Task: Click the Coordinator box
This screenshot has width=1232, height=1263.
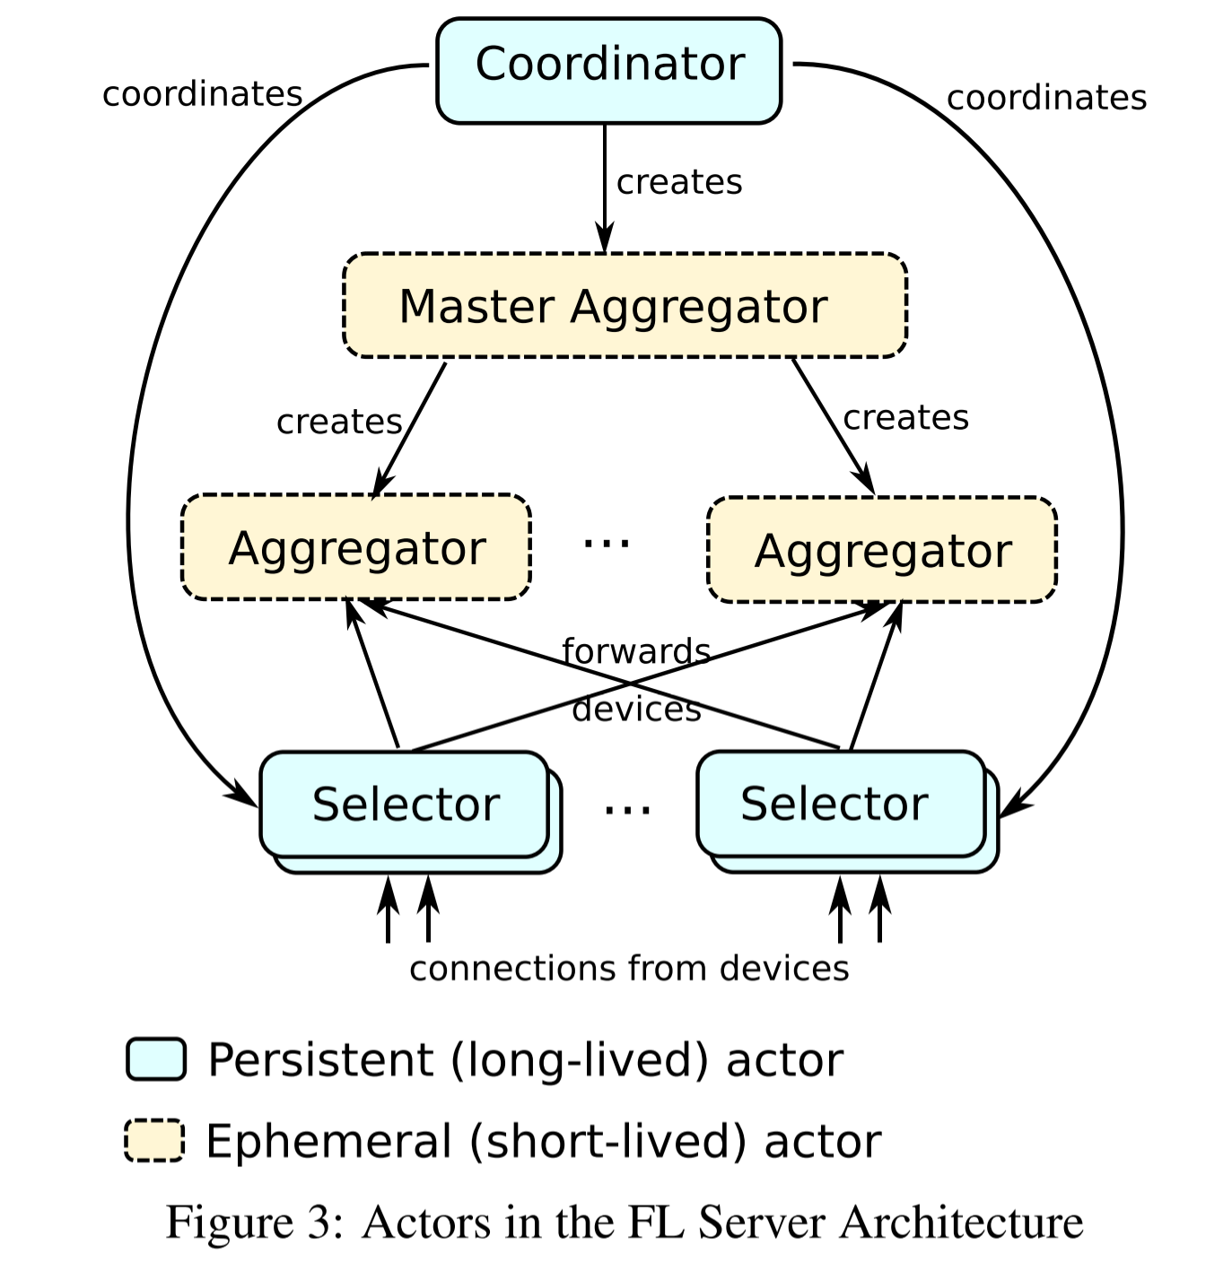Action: (x=608, y=70)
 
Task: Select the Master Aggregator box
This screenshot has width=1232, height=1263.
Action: (x=625, y=306)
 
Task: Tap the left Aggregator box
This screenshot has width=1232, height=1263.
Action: (x=356, y=547)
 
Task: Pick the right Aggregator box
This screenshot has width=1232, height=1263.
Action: (x=882, y=550)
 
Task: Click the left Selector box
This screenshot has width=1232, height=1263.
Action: (x=405, y=804)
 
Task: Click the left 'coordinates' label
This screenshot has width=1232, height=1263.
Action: (x=202, y=94)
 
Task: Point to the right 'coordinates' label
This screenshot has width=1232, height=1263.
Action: (x=1046, y=98)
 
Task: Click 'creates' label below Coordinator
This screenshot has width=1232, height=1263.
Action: (x=679, y=182)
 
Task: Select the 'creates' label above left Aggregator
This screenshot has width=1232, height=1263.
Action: (x=338, y=422)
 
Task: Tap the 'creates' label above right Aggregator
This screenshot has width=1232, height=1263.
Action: (x=905, y=418)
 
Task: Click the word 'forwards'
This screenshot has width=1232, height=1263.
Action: (x=636, y=651)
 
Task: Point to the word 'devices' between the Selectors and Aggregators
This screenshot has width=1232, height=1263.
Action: (x=636, y=710)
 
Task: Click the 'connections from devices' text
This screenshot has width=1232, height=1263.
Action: (x=628, y=969)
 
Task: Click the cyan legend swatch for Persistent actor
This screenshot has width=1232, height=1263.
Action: (x=156, y=1059)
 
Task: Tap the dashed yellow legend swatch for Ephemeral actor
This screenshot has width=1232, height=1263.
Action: (x=154, y=1140)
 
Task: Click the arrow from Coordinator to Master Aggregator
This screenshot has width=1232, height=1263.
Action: (x=605, y=188)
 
